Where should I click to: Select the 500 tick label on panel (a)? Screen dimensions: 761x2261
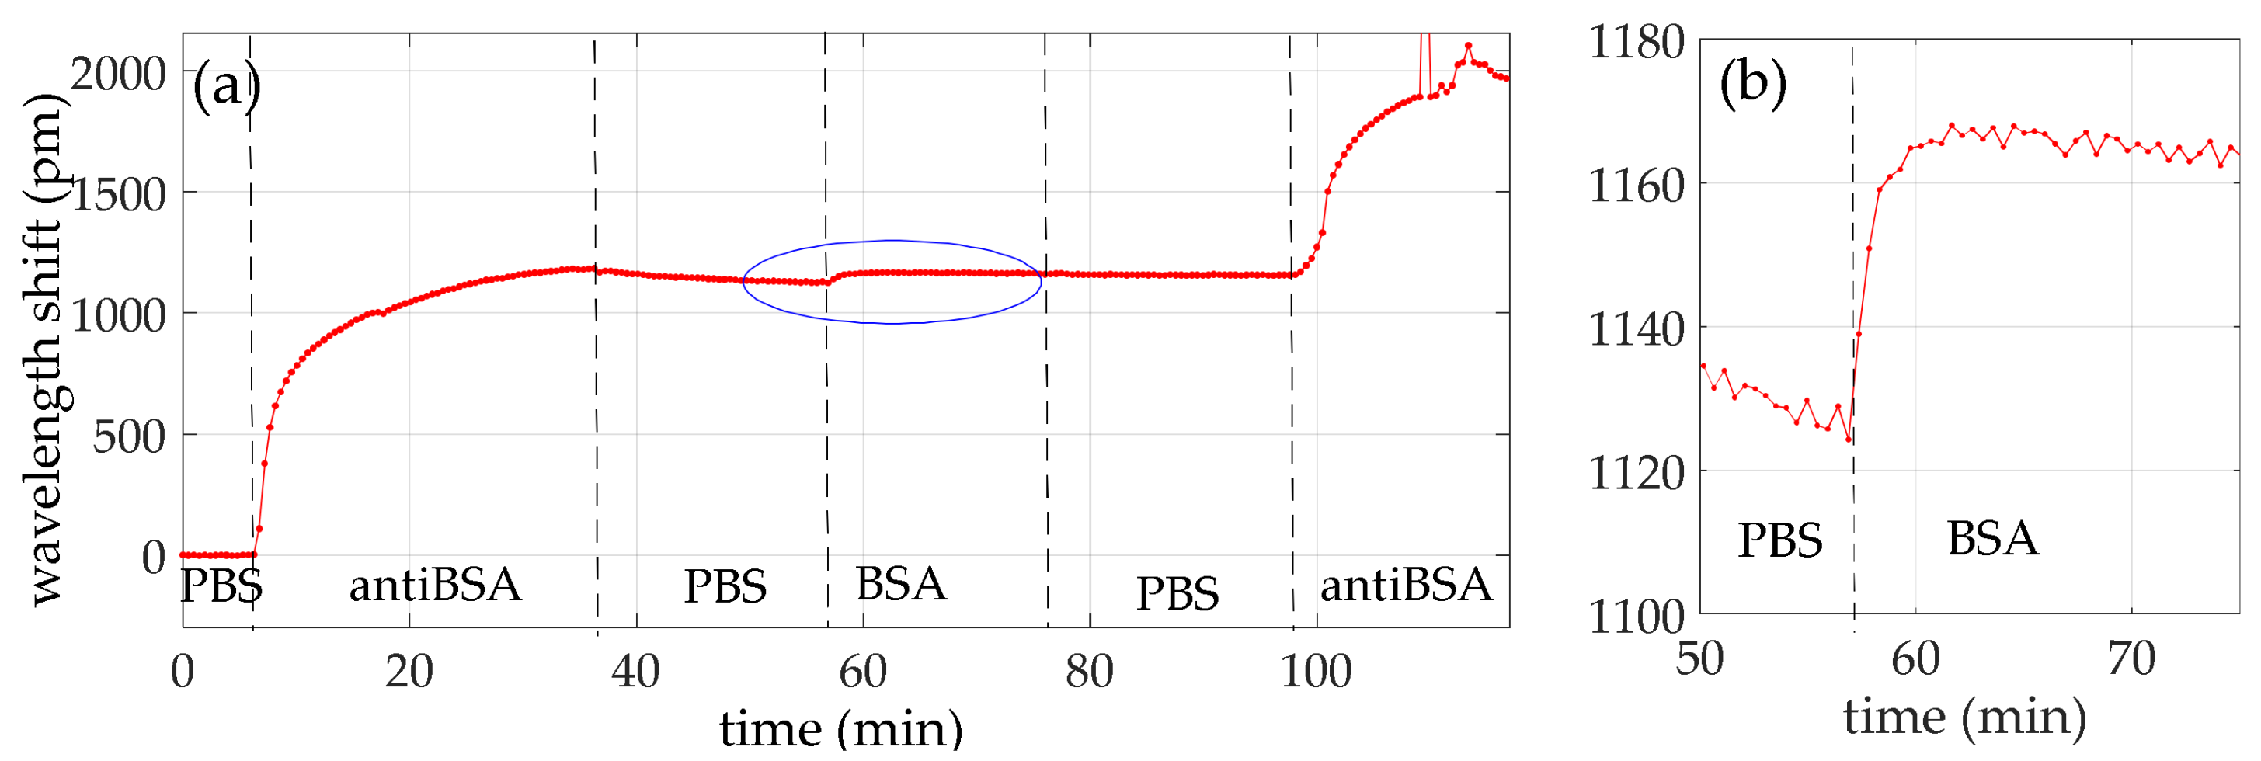coord(129,436)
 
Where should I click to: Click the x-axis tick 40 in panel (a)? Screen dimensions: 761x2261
coord(635,672)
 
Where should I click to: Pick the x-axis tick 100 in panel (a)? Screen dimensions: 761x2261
coord(1316,672)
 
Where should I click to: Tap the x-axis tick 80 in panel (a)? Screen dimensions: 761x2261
coord(1089,672)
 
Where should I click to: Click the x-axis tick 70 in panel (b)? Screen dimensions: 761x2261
coord(2131,658)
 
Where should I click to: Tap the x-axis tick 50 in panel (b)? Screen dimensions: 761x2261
coord(1699,658)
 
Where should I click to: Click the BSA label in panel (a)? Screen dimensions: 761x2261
coord(902,585)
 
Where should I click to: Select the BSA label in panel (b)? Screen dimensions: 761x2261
coord(1992,539)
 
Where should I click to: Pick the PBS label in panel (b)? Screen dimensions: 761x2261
coord(1780,540)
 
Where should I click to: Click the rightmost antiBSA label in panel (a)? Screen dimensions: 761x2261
coord(1406,586)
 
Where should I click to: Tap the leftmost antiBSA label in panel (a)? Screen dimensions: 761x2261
coord(436,586)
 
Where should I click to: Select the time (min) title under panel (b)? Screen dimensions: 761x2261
coord(1964,718)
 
